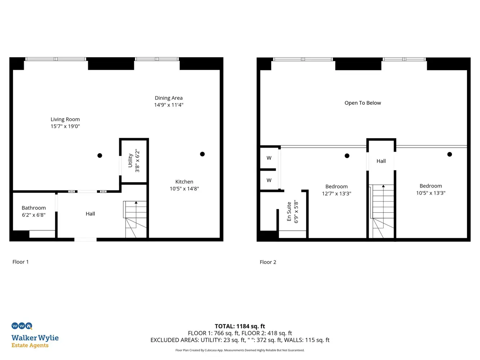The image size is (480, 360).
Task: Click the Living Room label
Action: [65, 120]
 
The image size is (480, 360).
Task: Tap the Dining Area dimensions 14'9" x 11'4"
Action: [169, 105]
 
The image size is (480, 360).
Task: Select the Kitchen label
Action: [184, 182]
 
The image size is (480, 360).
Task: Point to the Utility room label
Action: [130, 161]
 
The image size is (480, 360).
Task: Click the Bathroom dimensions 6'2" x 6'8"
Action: [34, 215]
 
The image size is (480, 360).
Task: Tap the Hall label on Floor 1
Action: [90, 214]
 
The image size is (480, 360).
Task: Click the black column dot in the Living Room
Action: [100, 156]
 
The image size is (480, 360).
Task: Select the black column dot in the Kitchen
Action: [202, 154]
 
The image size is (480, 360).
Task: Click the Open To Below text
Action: [363, 103]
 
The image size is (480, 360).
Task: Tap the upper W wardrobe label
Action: [269, 158]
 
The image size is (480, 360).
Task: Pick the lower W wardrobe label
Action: [269, 180]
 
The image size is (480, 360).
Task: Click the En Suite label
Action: [289, 211]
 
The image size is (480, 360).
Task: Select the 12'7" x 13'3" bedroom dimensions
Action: [337, 194]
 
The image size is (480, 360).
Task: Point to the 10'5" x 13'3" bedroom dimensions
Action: [431, 193]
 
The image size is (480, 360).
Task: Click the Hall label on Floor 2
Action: [381, 161]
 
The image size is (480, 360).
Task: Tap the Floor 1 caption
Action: [21, 262]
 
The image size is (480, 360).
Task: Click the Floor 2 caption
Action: [268, 262]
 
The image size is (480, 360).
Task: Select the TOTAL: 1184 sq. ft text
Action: [240, 326]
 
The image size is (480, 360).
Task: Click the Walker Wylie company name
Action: [35, 338]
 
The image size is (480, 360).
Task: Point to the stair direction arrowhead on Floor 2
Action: [383, 186]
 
